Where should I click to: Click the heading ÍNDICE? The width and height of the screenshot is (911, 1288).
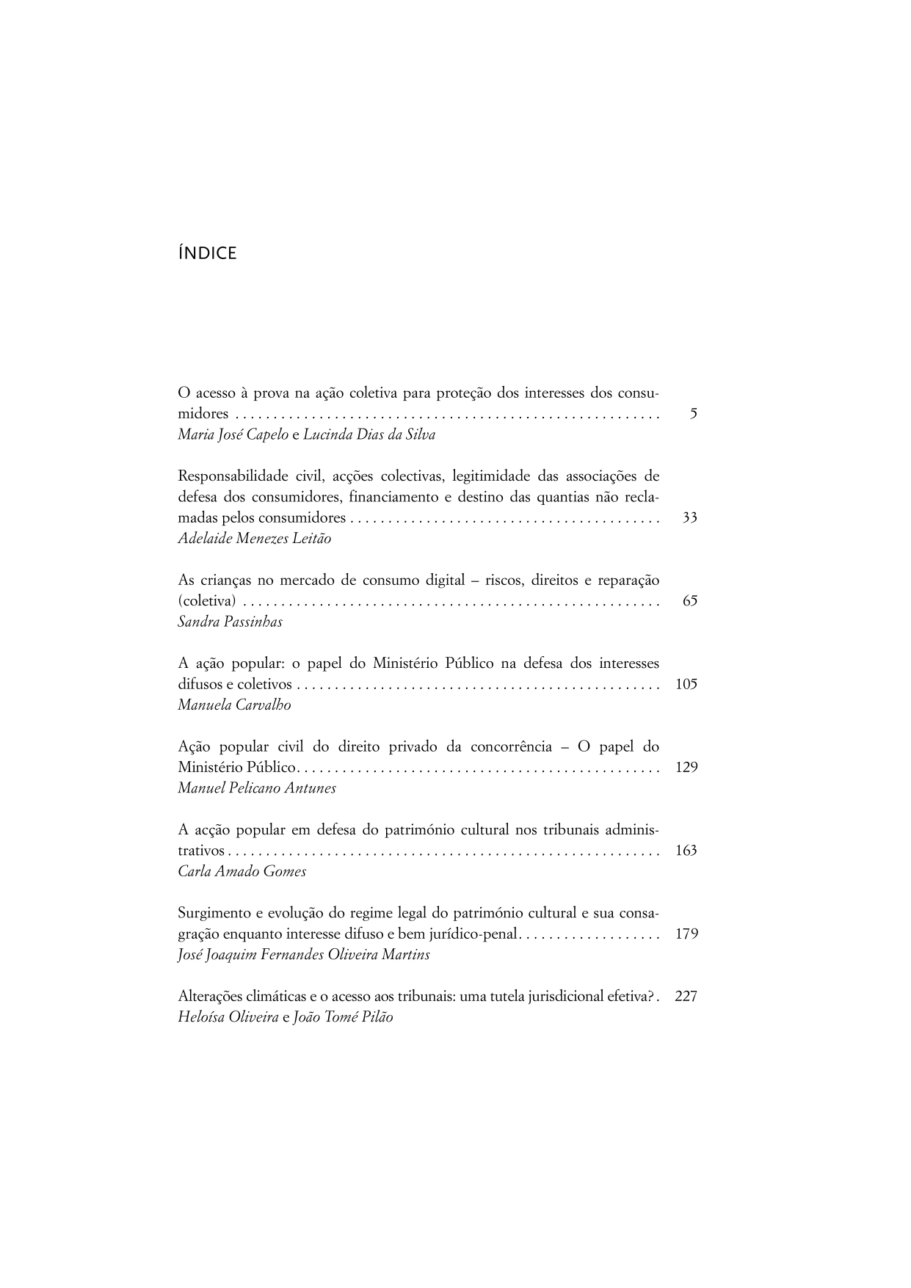tap(207, 254)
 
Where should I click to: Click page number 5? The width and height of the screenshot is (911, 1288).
tap(693, 414)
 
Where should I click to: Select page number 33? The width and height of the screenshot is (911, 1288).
tap(689, 518)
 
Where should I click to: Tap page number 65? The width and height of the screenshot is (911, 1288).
tap(689, 601)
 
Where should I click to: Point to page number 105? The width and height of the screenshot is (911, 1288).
tap(686, 685)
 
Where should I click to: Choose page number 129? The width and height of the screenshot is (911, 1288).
tap(686, 768)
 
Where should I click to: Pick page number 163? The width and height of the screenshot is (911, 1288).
tap(686, 851)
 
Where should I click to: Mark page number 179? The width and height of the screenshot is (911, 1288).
tap(686, 934)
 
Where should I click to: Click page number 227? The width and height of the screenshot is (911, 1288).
tap(685, 997)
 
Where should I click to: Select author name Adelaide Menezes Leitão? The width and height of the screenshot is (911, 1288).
tap(254, 539)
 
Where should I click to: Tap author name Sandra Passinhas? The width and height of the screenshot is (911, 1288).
tap(230, 622)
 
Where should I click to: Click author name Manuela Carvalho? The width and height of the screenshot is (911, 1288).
tap(234, 705)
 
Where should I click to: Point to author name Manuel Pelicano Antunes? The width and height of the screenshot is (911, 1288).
tap(257, 788)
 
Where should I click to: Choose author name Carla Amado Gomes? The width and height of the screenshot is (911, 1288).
tap(242, 872)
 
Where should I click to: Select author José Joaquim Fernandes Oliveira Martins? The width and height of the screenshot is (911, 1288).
tap(303, 955)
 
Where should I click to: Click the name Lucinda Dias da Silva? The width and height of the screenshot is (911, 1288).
tap(369, 434)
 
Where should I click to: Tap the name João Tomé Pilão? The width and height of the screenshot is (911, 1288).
tap(343, 1018)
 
